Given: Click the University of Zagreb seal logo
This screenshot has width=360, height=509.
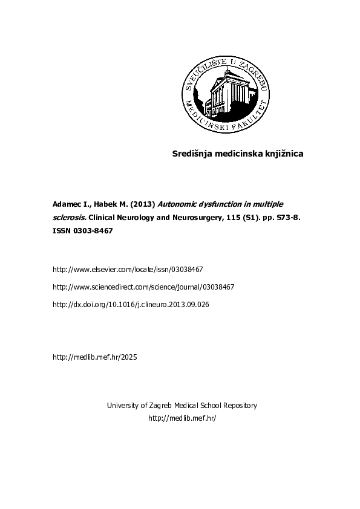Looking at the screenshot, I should (x=220, y=94).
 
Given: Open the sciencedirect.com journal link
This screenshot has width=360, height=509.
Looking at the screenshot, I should (x=143, y=287).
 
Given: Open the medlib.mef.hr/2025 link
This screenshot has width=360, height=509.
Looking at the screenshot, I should (x=95, y=357).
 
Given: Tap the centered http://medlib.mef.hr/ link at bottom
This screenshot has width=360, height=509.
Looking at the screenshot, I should (x=182, y=418).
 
